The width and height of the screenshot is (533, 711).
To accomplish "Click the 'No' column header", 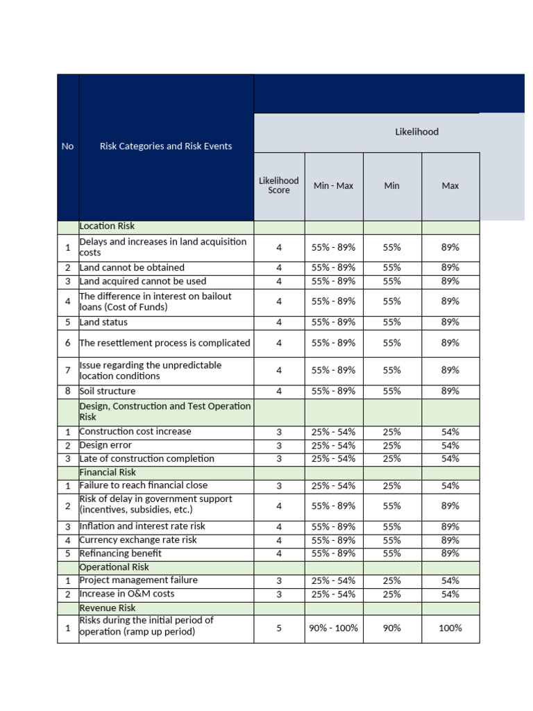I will [67, 147].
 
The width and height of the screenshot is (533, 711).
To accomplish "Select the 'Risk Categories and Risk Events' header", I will [166, 147].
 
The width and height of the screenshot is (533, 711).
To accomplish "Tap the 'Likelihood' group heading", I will [416, 132].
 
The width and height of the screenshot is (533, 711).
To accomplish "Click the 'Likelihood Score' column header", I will [279, 185].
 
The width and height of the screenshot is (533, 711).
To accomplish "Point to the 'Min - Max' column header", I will [333, 186].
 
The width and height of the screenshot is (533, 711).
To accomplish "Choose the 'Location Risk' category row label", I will [108, 226].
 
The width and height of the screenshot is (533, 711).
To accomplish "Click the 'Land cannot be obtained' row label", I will [132, 268].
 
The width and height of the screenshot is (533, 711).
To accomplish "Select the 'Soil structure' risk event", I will [108, 392].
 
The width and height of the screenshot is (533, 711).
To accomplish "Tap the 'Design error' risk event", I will [105, 446].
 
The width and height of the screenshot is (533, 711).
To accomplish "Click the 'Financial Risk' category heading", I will [109, 472].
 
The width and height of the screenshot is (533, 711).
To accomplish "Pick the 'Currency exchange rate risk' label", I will [138, 540].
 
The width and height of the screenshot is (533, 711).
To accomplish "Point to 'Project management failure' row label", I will [139, 580].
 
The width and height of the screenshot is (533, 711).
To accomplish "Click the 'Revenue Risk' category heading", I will [108, 608].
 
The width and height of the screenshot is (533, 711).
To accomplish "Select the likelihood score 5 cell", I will [279, 628].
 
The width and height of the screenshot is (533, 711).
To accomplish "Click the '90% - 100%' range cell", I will [333, 628].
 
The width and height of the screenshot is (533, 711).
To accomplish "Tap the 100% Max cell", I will [450, 628].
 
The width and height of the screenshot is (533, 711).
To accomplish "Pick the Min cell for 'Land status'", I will [392, 323].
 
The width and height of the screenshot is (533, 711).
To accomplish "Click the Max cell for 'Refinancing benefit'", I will [450, 554].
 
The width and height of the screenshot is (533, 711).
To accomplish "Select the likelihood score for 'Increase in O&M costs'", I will [279, 594].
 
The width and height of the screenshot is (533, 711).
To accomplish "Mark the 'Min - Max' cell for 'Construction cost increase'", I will [333, 432].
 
